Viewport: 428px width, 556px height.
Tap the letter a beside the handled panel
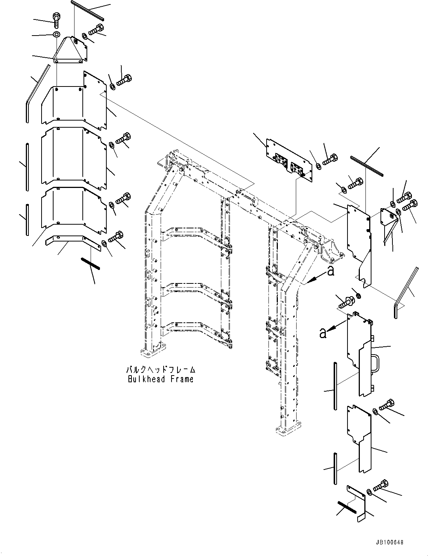click(322, 332)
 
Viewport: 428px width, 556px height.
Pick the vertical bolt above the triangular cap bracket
click(56, 19)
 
